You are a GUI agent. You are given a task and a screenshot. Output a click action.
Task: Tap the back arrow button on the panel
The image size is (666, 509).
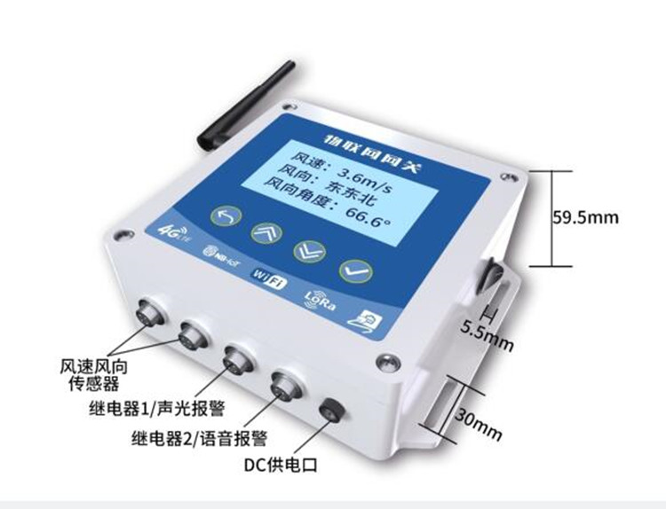tap(223, 216)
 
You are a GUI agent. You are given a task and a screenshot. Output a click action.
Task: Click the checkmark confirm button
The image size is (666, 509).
tap(353, 267)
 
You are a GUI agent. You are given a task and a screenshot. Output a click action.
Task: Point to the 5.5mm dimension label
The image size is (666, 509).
tap(487, 335)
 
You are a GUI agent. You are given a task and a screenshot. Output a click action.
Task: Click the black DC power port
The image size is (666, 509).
tap(336, 410)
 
